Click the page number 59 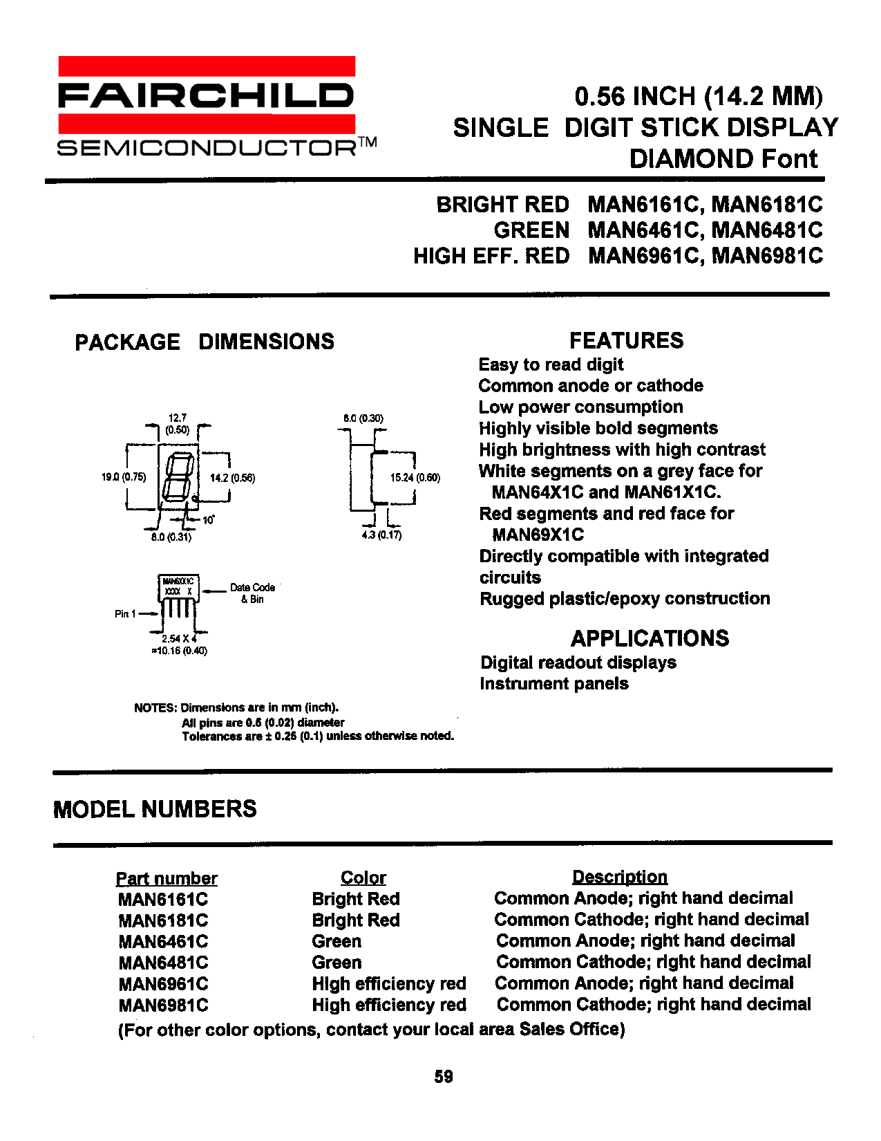pyautogui.click(x=444, y=1077)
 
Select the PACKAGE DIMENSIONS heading pyautogui.click(x=205, y=342)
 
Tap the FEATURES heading pyautogui.click(x=626, y=340)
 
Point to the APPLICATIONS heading pyautogui.click(x=650, y=638)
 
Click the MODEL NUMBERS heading pyautogui.click(x=155, y=809)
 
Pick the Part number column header pyautogui.click(x=167, y=878)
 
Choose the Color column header pyautogui.click(x=363, y=878)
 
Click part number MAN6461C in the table pyautogui.click(x=163, y=942)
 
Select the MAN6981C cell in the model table pyautogui.click(x=163, y=1005)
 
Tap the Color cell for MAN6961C pyautogui.click(x=389, y=984)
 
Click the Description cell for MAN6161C pyautogui.click(x=643, y=898)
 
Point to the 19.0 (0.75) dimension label pyautogui.click(x=124, y=477)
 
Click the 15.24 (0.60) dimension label pyautogui.click(x=415, y=477)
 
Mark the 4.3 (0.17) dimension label pyautogui.click(x=381, y=535)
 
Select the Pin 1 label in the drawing pyautogui.click(x=125, y=613)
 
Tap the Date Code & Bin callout pyautogui.click(x=252, y=593)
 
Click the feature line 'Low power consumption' pyautogui.click(x=580, y=407)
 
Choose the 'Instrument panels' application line pyautogui.click(x=554, y=684)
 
